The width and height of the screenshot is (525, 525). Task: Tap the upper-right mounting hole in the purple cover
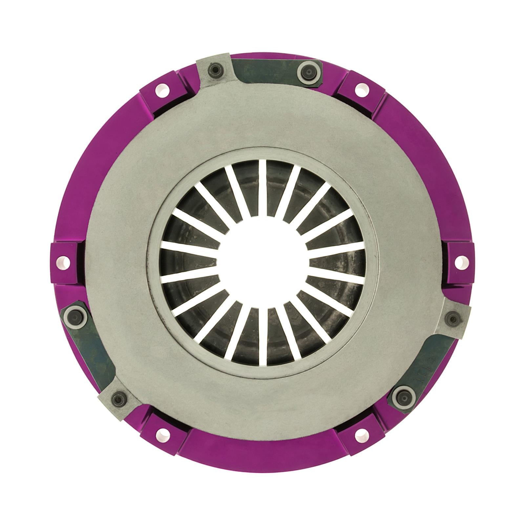[x=360, y=88]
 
